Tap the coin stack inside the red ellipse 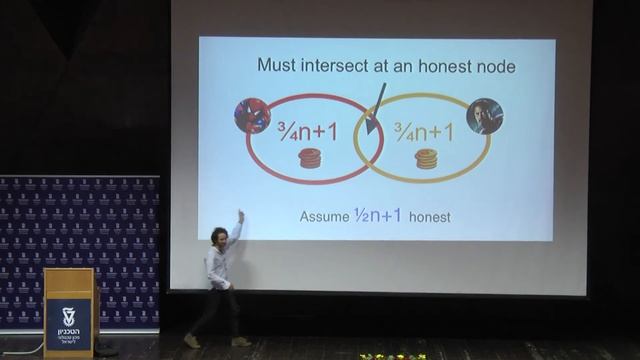click(309, 158)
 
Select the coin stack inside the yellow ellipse click(426, 158)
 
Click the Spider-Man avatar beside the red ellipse click(252, 116)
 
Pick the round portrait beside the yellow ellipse click(485, 117)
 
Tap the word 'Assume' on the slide click(324, 216)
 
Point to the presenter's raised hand click(240, 216)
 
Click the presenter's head click(218, 236)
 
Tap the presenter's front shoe click(241, 341)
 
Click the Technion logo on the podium click(68, 320)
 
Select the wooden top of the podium click(68, 272)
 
